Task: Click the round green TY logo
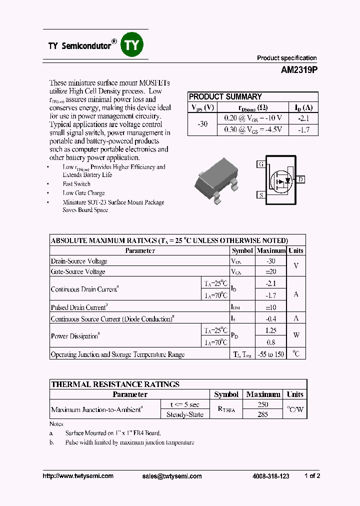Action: pyautogui.click(x=132, y=45)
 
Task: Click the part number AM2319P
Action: pyautogui.click(x=299, y=70)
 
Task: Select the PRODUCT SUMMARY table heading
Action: pyautogui.click(x=225, y=97)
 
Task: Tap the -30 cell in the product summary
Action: pyautogui.click(x=202, y=123)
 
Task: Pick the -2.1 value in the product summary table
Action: pyautogui.click(x=303, y=118)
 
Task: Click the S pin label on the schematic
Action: pyautogui.click(x=260, y=195)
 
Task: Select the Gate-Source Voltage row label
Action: pyautogui.click(x=78, y=271)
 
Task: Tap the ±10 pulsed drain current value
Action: pyautogui.click(x=270, y=307)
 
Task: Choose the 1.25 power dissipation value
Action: pyautogui.click(x=270, y=330)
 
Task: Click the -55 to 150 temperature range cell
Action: pyautogui.click(x=270, y=354)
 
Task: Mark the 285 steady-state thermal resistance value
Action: pyautogui.click(x=262, y=414)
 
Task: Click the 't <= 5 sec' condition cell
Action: pyautogui.click(x=184, y=404)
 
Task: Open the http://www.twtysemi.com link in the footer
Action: pyautogui.click(x=78, y=476)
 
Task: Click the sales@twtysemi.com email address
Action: pyautogui.click(x=172, y=476)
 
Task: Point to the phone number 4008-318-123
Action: pyautogui.click(x=270, y=476)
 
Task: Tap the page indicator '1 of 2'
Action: pyautogui.click(x=312, y=476)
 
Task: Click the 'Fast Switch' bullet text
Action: pyautogui.click(x=76, y=184)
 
